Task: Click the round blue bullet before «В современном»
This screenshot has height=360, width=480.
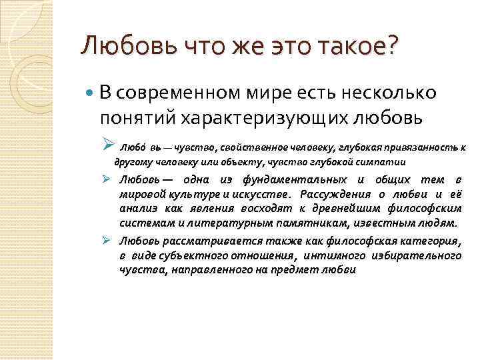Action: pyautogui.click(x=90, y=93)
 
